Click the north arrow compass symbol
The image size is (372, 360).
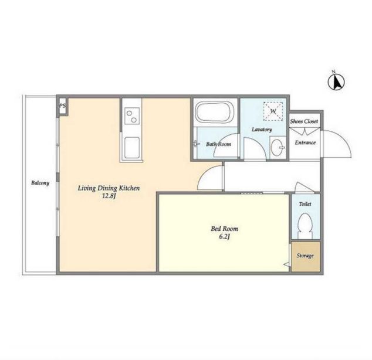point(336,82)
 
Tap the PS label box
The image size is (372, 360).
point(63,106)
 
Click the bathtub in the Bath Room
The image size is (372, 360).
point(215,113)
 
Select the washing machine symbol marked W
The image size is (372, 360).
point(273,111)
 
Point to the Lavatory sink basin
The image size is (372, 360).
point(277,147)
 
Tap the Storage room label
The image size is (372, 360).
point(305,256)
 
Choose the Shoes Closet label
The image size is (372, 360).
point(304,121)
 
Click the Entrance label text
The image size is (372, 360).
point(305,142)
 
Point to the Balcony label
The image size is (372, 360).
point(40,183)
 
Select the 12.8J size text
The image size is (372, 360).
point(109,196)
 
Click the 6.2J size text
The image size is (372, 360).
point(225,237)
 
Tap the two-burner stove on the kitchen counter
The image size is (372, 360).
point(132,116)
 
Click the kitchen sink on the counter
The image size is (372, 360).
point(132,148)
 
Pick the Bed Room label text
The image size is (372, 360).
point(225,229)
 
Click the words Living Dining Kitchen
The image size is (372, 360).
point(109,188)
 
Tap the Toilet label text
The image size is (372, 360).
point(305,204)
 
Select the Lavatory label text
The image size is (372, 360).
point(262,130)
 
